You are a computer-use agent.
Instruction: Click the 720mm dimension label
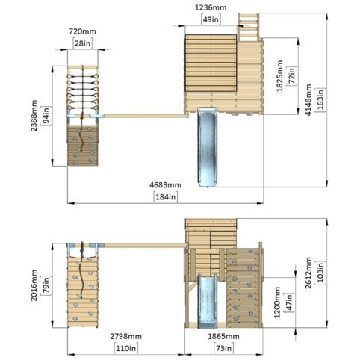pyautogui.click(x=82, y=31)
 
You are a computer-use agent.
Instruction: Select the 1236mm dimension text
pyautogui.click(x=211, y=7)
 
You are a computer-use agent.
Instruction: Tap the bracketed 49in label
pyautogui.click(x=211, y=19)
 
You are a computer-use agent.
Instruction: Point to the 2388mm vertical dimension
pyautogui.click(x=34, y=116)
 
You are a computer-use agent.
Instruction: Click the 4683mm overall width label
pyautogui.click(x=165, y=185)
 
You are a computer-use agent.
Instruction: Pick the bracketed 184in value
pyautogui.click(x=166, y=196)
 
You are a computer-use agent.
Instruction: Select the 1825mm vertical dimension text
pyautogui.click(x=280, y=76)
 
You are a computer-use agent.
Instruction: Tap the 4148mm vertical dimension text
pyautogui.click(x=308, y=100)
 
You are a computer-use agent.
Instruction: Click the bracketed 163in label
pyautogui.click(x=320, y=99)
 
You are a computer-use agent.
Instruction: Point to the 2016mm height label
pyautogui.click(x=34, y=285)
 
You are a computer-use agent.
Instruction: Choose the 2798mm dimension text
pyautogui.click(x=126, y=336)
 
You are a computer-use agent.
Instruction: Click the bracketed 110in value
pyautogui.click(x=126, y=348)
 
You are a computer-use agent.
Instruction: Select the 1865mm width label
pyautogui.click(x=223, y=336)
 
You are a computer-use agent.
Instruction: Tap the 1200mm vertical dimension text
pyautogui.click(x=277, y=302)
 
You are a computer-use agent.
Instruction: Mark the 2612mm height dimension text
pyautogui.click(x=308, y=273)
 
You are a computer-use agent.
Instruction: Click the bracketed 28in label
pyautogui.click(x=82, y=43)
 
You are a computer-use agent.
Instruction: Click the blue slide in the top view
pyautogui.click(x=208, y=147)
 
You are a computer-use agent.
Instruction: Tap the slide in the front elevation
pyautogui.click(x=208, y=301)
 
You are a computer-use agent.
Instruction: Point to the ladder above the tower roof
pyautogui.click(x=249, y=27)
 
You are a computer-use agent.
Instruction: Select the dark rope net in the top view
pyautogui.click(x=83, y=91)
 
